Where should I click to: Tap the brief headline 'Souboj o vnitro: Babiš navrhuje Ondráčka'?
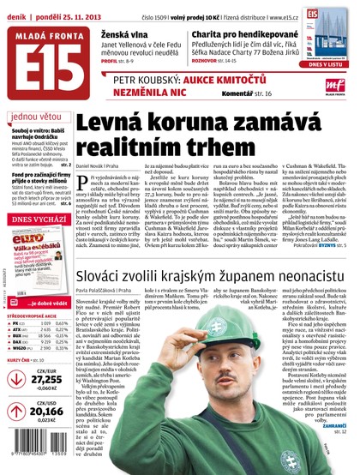point(34,135)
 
